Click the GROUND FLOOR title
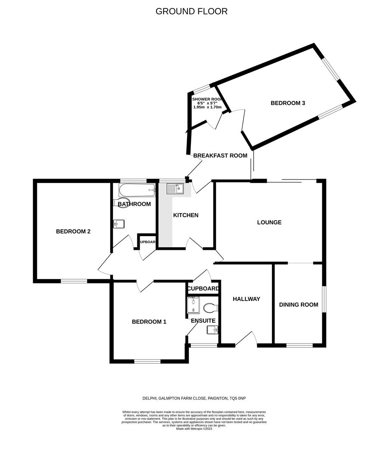click(x=191, y=11)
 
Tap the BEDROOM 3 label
click(x=288, y=103)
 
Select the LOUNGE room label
click(x=269, y=222)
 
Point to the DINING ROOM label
click(x=298, y=305)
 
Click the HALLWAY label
click(x=247, y=299)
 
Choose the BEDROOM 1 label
click(x=149, y=322)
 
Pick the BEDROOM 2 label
click(x=73, y=231)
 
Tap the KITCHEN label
click(x=186, y=215)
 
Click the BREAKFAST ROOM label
click(x=220, y=155)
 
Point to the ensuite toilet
click(x=211, y=308)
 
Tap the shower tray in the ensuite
click(x=194, y=305)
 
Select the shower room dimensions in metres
click(x=207, y=107)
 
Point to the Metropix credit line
click(x=194, y=429)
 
